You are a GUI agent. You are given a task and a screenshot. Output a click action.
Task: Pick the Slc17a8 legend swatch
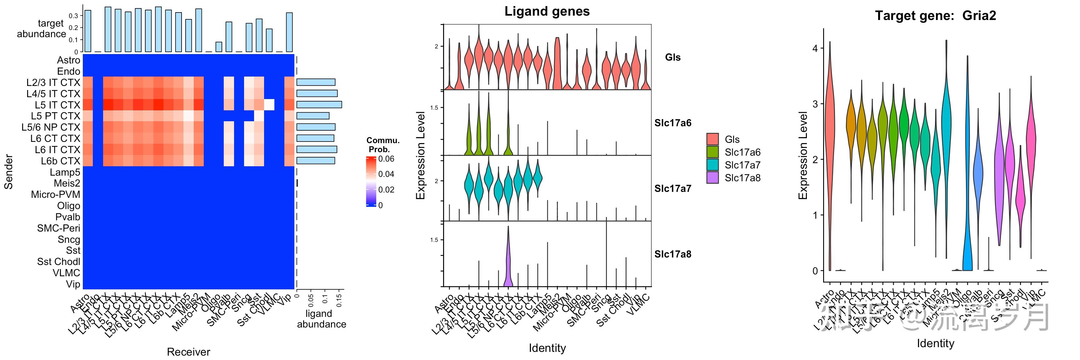(712, 178)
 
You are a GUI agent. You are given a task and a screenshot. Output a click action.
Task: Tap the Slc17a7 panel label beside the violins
(672, 188)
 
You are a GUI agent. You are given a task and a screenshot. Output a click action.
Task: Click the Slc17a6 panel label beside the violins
(672, 123)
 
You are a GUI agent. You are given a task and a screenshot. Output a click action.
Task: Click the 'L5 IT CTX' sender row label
(57, 105)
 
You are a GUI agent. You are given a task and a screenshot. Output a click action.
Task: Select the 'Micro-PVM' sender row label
(55, 194)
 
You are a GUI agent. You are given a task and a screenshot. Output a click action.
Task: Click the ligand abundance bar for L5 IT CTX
(319, 105)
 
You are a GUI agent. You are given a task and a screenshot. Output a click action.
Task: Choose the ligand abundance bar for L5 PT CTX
(313, 116)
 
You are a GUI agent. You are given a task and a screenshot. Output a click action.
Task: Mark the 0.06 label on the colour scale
(386, 159)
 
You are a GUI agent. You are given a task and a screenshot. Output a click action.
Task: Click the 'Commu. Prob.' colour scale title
(382, 145)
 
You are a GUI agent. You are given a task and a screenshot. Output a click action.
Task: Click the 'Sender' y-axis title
(8, 172)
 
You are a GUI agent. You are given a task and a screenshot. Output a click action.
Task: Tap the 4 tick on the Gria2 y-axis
(815, 48)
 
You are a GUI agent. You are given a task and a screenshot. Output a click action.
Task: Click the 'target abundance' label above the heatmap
(42, 28)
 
